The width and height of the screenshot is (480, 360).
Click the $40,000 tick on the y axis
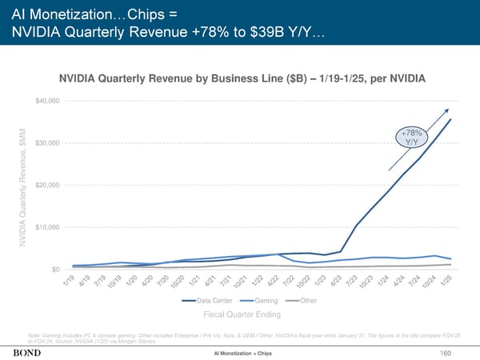point(46,101)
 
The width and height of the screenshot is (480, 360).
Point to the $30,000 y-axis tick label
point(46,143)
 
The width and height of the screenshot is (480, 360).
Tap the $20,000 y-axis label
point(46,186)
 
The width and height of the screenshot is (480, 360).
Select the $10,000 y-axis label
point(46,228)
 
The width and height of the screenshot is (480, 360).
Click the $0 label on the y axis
point(52,270)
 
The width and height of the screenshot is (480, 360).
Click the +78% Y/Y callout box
point(412,138)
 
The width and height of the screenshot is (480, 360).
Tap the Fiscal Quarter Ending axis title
point(239,314)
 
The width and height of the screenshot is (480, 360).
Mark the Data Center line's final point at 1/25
point(451,120)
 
